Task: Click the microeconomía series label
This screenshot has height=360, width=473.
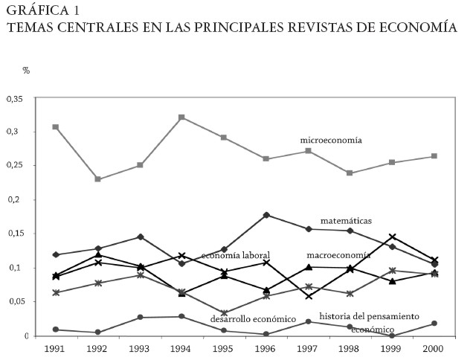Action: pyautogui.click(x=330, y=140)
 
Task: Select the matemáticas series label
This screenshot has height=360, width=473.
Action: pyautogui.click(x=346, y=221)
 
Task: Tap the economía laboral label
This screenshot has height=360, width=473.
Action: pyautogui.click(x=235, y=255)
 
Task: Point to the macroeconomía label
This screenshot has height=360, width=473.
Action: pyautogui.click(x=338, y=255)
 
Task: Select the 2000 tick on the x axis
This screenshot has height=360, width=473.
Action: pyautogui.click(x=434, y=348)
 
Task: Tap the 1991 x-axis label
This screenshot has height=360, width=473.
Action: pyautogui.click(x=55, y=348)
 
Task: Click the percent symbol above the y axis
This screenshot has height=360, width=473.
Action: pyautogui.click(x=26, y=71)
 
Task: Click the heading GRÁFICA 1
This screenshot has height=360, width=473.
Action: pyautogui.click(x=42, y=10)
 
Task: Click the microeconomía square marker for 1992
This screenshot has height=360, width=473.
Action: pyautogui.click(x=97, y=179)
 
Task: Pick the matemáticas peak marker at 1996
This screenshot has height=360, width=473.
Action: pyautogui.click(x=266, y=215)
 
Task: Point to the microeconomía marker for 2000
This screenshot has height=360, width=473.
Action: pyautogui.click(x=434, y=156)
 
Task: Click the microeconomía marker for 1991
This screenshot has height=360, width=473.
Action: pyautogui.click(x=55, y=127)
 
